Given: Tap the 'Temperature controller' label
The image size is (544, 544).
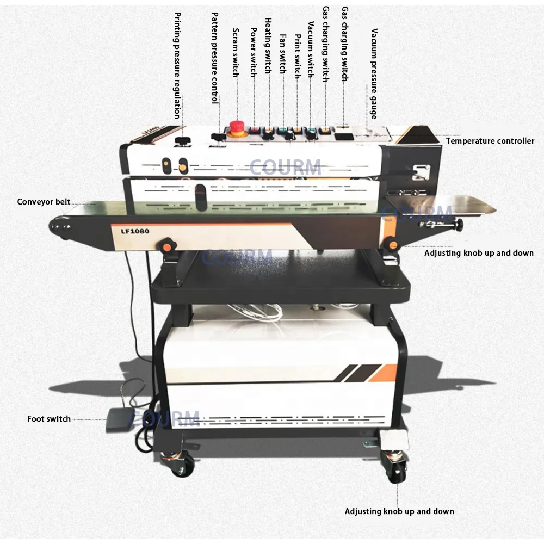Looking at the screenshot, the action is (490, 141).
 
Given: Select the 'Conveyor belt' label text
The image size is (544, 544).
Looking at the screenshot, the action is (44, 202).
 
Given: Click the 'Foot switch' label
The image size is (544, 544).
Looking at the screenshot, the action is (49, 419).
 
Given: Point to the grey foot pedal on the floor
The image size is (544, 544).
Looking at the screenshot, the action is (121, 418).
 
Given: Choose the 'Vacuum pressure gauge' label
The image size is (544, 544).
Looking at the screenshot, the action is (373, 73).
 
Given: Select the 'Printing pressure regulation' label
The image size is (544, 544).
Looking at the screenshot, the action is (177, 65).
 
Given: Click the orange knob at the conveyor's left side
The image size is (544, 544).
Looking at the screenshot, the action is (166, 247).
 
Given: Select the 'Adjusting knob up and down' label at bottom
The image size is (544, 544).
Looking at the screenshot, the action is (399, 511).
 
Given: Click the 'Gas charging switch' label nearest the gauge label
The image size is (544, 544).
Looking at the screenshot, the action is (344, 44).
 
